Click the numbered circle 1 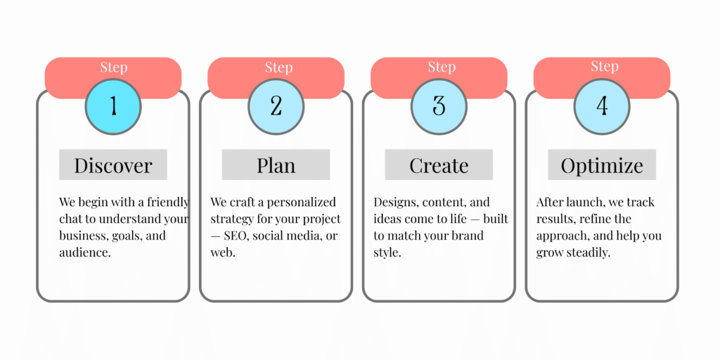pyautogui.click(x=113, y=107)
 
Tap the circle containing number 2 pyautogui.click(x=276, y=107)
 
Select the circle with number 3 pyautogui.click(x=439, y=107)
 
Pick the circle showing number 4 pyautogui.click(x=602, y=107)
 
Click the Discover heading pyautogui.click(x=113, y=165)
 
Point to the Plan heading pyautogui.click(x=276, y=165)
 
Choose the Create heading pyautogui.click(x=439, y=165)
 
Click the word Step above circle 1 pyautogui.click(x=114, y=68)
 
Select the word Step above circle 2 pyautogui.click(x=278, y=68)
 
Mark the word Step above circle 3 pyautogui.click(x=442, y=67)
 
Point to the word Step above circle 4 pyautogui.click(x=605, y=67)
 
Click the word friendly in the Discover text pyautogui.click(x=168, y=202)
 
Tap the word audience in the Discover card pyautogui.click(x=85, y=253)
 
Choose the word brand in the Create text pyautogui.click(x=467, y=236)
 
